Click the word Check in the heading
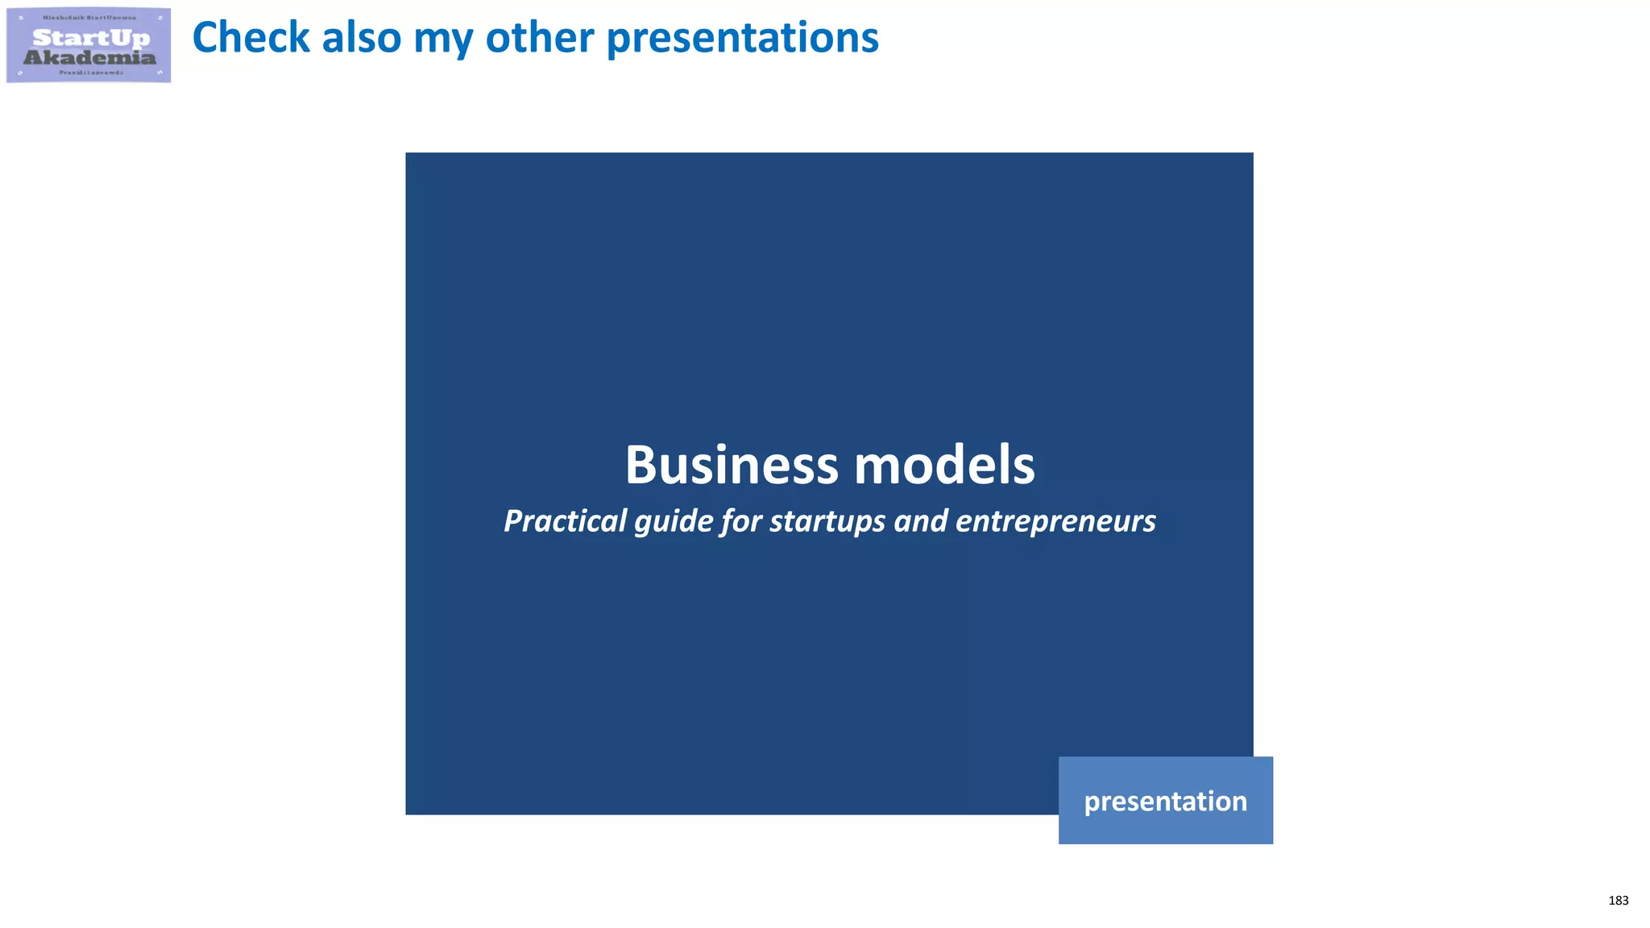251,38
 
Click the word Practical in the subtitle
565,521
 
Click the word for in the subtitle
742,521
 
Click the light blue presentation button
1165,801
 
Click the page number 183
1618,901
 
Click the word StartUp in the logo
91,38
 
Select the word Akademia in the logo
89,57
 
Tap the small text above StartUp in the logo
89,18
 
